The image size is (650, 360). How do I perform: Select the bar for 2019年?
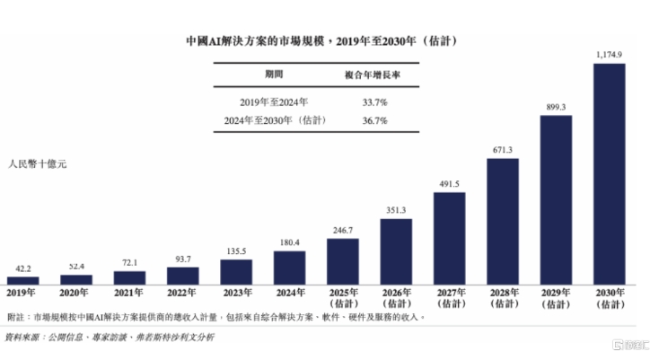click(x=22, y=280)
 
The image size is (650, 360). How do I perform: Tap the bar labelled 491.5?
click(x=449, y=238)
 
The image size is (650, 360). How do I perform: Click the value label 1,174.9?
click(x=609, y=56)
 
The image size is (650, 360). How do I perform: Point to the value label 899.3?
click(x=556, y=107)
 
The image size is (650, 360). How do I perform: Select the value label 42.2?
click(x=22, y=268)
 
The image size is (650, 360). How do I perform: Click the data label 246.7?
click(x=342, y=230)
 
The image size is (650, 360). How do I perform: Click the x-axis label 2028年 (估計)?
click(x=503, y=298)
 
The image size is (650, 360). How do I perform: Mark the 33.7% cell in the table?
click(x=372, y=102)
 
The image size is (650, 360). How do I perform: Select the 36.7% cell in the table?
click(x=372, y=119)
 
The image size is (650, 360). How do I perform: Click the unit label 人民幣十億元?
click(x=38, y=165)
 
